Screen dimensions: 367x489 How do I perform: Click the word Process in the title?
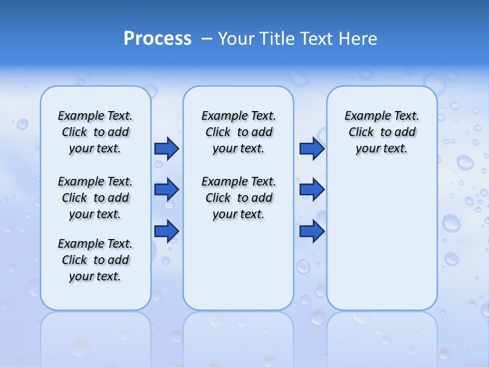157,39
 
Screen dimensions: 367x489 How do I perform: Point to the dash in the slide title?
207,39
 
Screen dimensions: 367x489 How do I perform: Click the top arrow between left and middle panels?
167,148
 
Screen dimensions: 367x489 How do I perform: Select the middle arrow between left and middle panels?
167,190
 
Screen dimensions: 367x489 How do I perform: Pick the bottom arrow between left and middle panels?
167,231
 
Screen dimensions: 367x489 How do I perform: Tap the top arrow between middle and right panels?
312,148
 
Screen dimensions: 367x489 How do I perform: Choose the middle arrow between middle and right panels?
312,190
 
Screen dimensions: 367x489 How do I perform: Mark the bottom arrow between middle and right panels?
312,231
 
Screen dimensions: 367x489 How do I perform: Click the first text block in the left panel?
95,132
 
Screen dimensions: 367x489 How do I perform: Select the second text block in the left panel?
95,198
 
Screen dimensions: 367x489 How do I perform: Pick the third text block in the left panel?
95,260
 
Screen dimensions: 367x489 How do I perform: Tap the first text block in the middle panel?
238,132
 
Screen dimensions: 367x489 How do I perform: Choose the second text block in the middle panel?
238,198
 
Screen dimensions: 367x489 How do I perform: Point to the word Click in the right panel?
361,132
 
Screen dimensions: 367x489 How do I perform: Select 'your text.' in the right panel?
382,148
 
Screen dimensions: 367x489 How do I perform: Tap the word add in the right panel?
405,132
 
